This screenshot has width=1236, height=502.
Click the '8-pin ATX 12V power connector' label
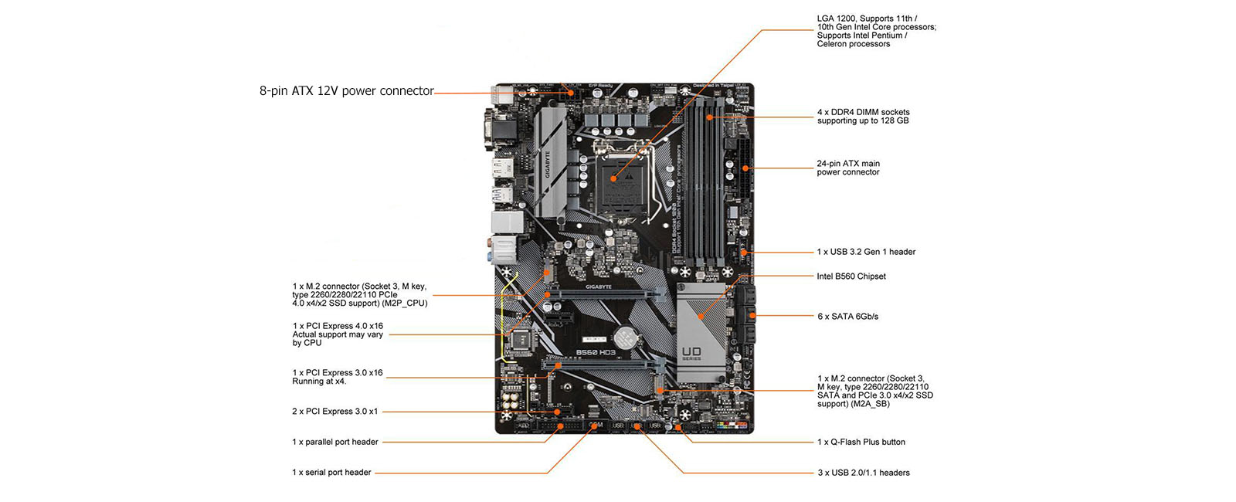pyautogui.click(x=347, y=91)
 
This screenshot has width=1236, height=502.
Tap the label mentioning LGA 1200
pyautogui.click(x=876, y=31)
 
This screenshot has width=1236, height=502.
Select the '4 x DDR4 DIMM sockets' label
pyautogui.click(x=863, y=117)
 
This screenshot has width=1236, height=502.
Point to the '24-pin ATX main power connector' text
pyautogui.click(x=848, y=168)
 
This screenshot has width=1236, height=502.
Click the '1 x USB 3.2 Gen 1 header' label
pyautogui.click(x=866, y=252)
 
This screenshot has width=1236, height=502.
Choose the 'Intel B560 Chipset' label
pyautogui.click(x=851, y=276)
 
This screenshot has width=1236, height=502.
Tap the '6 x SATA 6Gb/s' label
pyautogui.click(x=847, y=317)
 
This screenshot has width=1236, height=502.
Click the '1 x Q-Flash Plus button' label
pyautogui.click(x=861, y=443)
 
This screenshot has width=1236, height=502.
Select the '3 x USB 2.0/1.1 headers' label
pyautogui.click(x=864, y=473)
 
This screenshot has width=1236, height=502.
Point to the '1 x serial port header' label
pyautogui.click(x=331, y=473)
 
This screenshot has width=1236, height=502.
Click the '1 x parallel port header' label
pyautogui.click(x=335, y=443)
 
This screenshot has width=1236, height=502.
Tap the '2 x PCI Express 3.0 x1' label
pyautogui.click(x=335, y=412)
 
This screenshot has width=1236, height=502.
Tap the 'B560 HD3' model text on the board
pyautogui.click(x=596, y=353)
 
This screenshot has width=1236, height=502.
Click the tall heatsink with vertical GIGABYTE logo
pyautogui.click(x=549, y=162)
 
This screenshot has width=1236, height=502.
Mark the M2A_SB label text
pyautogui.click(x=872, y=404)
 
